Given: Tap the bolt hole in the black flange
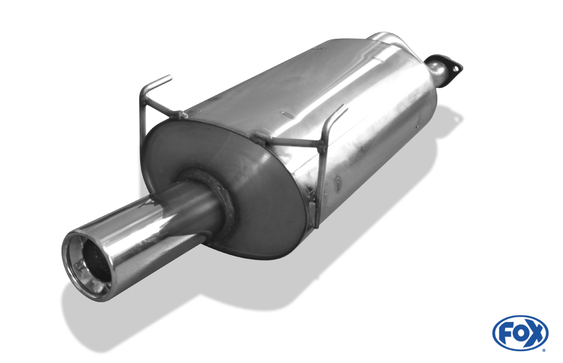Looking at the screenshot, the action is coord(457,68).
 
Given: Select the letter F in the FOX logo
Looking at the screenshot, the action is coord(507,333).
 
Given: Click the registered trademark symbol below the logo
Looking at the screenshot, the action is coord(544,350).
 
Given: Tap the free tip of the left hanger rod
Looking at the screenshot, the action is coord(170,77).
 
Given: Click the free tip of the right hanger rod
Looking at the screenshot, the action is coord(346,106).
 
